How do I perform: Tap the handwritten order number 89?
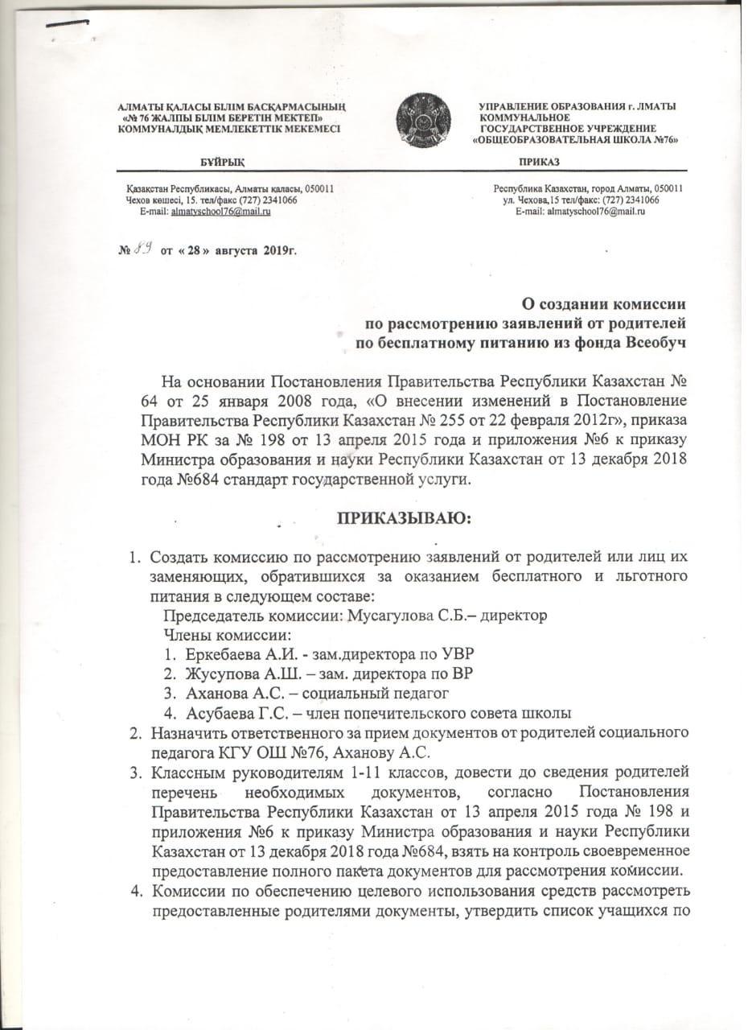pyautogui.click(x=145, y=250)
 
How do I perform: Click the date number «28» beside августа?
pyautogui.click(x=191, y=251)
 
